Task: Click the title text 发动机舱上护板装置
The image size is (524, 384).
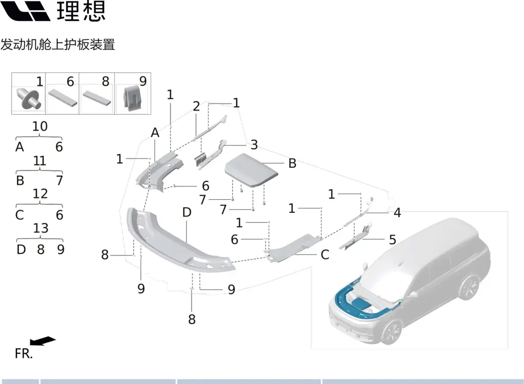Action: click(58, 45)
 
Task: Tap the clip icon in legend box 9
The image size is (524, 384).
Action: click(132, 98)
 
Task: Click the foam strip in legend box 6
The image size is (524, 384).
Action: click(63, 97)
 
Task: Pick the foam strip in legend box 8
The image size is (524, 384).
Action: click(97, 97)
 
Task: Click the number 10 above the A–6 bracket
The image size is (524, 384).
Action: click(39, 126)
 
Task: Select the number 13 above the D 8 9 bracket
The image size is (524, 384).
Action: click(39, 228)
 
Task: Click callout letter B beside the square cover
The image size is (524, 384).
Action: click(292, 163)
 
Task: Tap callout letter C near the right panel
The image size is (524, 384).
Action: click(324, 254)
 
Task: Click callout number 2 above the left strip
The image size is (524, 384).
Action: click(196, 106)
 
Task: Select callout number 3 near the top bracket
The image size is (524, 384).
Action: click(254, 144)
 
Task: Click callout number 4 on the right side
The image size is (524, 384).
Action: click(397, 212)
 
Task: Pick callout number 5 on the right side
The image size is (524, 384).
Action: click(392, 239)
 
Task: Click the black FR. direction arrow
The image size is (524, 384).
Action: click(43, 341)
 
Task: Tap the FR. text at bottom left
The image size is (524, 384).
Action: click(24, 354)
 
